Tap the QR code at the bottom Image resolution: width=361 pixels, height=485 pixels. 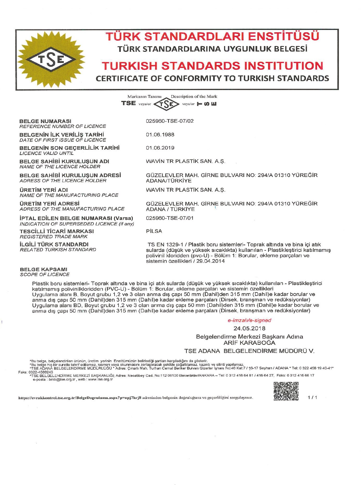pyautogui.click(x=286, y=391)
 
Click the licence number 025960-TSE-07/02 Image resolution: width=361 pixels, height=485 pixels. pyautogui.click(x=170, y=121)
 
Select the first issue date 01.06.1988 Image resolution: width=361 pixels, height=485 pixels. pyautogui.click(x=160, y=135)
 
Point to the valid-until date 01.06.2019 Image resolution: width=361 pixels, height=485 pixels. pyautogui.click(x=160, y=148)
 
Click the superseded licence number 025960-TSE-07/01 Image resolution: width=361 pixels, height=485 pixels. pyautogui.click(x=170, y=218)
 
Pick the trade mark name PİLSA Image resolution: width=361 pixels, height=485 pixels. pyautogui.click(x=154, y=231)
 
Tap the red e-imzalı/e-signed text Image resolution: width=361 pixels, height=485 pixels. pyautogui.click(x=249, y=320)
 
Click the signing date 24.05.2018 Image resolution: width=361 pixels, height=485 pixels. pyautogui.click(x=249, y=328)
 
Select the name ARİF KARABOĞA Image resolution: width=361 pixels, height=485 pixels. pyautogui.click(x=249, y=343)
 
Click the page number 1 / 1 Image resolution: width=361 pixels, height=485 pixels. pyautogui.click(x=312, y=397)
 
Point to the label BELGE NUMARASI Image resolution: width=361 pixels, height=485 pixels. pyautogui.click(x=45, y=121)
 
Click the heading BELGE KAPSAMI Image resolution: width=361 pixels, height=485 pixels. pyautogui.click(x=43, y=269)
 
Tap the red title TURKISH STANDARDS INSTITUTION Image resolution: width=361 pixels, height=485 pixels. pyautogui.click(x=212, y=66)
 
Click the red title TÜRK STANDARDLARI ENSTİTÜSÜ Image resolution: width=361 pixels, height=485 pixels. pyautogui.click(x=212, y=36)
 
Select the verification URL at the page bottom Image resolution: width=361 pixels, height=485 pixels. pyautogui.click(x=80, y=398)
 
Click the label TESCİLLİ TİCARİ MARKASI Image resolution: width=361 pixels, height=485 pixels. pyautogui.click(x=57, y=231)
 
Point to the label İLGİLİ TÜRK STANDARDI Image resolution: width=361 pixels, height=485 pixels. pyautogui.click(x=54, y=244)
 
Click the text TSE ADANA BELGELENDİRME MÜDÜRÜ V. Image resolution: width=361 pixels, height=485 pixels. pyautogui.click(x=249, y=351)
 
